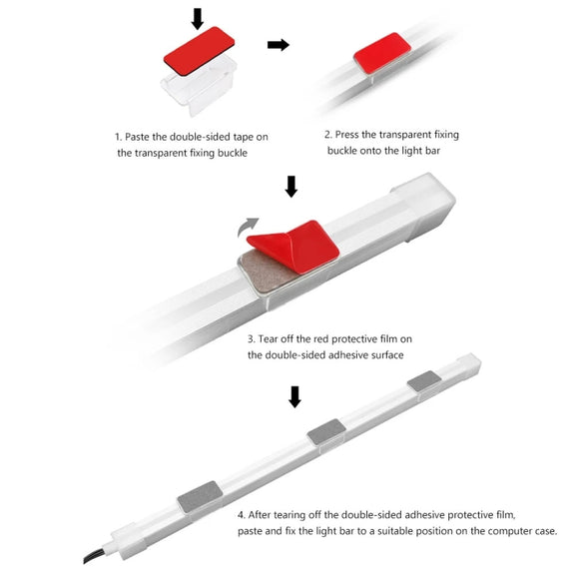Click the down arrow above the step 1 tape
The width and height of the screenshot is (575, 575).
tap(198, 19)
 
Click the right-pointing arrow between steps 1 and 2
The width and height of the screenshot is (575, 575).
tap(279, 45)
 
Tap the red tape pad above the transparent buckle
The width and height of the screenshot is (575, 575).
tap(199, 51)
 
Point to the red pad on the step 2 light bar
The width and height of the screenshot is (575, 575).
tap(382, 53)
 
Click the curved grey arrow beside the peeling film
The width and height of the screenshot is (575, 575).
tap(247, 228)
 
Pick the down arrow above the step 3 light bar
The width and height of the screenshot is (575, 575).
tap(291, 187)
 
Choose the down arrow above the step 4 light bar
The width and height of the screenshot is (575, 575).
tap(294, 396)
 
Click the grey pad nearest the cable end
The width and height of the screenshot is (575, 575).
tap(200, 496)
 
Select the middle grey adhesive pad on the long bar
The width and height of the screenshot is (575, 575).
tap(326, 432)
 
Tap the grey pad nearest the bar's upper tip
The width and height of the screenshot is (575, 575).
tap(424, 380)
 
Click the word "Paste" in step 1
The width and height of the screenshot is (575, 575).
tap(137, 137)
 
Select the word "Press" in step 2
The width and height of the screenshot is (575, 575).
tap(347, 135)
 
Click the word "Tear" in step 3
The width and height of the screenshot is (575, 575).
tap(269, 338)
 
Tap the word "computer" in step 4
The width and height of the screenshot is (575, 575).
tap(511, 531)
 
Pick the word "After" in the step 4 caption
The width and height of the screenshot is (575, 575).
tap(260, 515)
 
